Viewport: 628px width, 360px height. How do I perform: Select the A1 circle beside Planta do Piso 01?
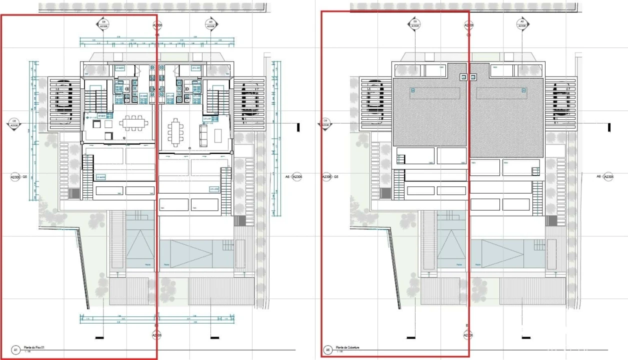(x=16, y=350)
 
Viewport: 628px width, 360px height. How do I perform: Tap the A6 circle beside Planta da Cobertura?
(x=328, y=350)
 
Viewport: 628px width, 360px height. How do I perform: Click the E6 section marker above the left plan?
(x=103, y=24)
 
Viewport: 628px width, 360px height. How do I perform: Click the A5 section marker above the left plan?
(x=210, y=24)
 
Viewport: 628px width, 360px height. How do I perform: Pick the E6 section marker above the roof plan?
(x=414, y=24)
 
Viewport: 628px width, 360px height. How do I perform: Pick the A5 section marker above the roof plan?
(x=522, y=24)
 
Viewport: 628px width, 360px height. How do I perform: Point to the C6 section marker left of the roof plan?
(x=325, y=123)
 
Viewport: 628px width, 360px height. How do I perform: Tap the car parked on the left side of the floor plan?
(x=63, y=98)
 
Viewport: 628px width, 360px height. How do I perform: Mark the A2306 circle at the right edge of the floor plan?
(x=297, y=177)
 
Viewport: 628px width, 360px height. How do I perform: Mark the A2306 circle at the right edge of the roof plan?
(x=608, y=177)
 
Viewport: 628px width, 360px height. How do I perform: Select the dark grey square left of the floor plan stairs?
(x=74, y=193)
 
